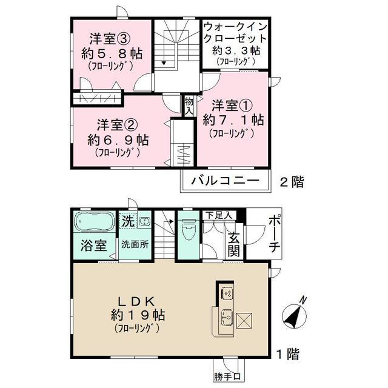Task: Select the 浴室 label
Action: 94,246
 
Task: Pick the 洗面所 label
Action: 134,246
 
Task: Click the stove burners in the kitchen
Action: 226,293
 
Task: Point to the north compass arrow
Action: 296,313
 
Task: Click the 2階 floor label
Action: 292,181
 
